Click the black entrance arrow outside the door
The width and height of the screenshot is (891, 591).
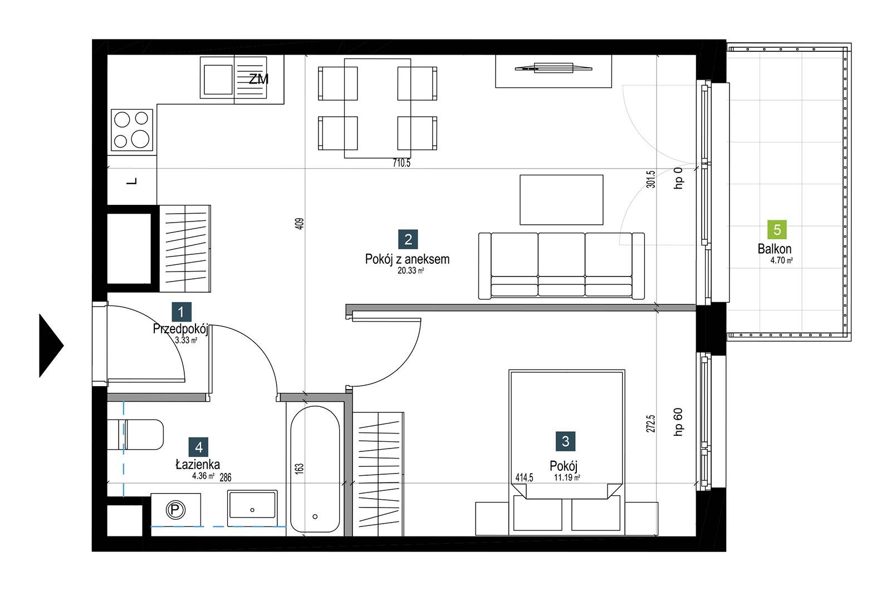(x=50, y=346)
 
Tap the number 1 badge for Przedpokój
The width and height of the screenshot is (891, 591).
(x=182, y=312)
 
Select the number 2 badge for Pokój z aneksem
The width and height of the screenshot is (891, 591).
(x=408, y=239)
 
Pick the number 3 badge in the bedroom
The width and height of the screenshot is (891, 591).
(x=565, y=441)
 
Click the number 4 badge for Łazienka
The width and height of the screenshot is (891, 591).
(x=199, y=447)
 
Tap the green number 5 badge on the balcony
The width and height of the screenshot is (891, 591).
(x=777, y=230)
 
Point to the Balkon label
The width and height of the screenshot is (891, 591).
(x=775, y=249)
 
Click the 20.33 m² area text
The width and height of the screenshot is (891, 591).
(x=410, y=270)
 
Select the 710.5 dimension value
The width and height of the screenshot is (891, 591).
(x=402, y=163)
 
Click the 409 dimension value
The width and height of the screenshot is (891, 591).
(x=300, y=223)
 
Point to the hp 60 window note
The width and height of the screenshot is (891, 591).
(x=678, y=422)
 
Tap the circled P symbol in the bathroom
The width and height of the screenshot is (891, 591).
(x=175, y=510)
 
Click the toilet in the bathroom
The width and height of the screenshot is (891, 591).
(x=136, y=435)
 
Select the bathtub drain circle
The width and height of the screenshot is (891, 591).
(x=315, y=516)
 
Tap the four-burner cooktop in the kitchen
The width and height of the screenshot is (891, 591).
(x=132, y=130)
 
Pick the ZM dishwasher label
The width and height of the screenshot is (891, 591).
(x=258, y=79)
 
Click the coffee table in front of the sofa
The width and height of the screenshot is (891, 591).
(x=561, y=200)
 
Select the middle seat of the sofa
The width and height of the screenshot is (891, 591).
(x=561, y=264)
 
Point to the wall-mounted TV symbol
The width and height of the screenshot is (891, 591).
(x=554, y=68)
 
